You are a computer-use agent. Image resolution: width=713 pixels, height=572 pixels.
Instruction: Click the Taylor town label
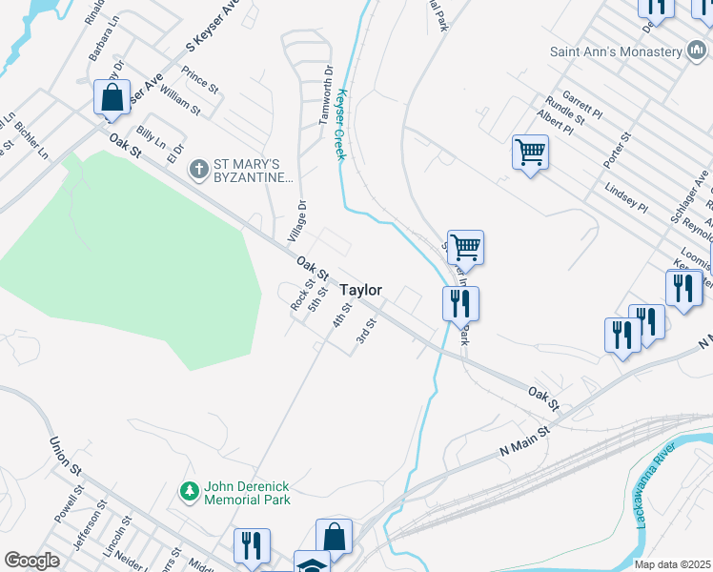[x=361, y=290]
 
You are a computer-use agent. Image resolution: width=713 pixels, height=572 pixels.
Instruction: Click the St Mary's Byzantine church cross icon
[x=198, y=169]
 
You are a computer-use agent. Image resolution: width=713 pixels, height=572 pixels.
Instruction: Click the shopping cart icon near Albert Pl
[x=530, y=151]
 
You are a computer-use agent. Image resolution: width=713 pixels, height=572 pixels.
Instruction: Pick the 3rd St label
[x=366, y=332]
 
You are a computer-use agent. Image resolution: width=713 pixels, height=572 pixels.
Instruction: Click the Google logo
[x=32, y=561]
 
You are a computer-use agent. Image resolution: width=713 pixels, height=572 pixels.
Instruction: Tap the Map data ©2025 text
[x=672, y=564]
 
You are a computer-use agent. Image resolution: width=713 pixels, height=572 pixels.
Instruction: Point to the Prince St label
[x=200, y=79]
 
